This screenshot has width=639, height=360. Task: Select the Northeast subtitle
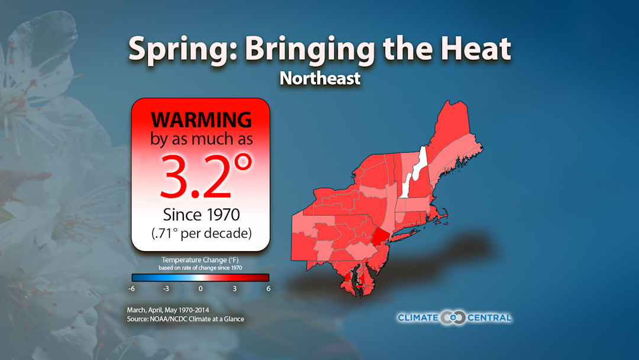pyautogui.click(x=319, y=78)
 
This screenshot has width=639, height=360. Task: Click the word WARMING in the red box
pyautogui.click(x=201, y=120)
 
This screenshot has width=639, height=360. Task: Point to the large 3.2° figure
pyautogui.click(x=198, y=176)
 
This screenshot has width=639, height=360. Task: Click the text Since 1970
pyautogui.click(x=200, y=214)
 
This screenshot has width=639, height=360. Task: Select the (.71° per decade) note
pyautogui.click(x=200, y=233)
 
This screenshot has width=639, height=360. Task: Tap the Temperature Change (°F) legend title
pyautogui.click(x=200, y=260)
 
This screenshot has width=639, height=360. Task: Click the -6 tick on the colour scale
pyautogui.click(x=131, y=288)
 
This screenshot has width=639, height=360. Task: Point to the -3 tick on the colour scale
pyautogui.click(x=166, y=288)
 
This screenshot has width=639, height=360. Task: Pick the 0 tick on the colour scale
pyautogui.click(x=201, y=288)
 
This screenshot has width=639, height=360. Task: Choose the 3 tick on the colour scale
pyautogui.click(x=234, y=288)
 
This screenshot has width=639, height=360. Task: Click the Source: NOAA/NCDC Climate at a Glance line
pyautogui.click(x=185, y=319)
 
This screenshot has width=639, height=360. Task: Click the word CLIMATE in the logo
pyautogui.click(x=418, y=318)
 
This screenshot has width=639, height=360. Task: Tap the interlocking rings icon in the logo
pyautogui.click(x=454, y=318)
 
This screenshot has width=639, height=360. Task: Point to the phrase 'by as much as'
pyautogui.click(x=201, y=140)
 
